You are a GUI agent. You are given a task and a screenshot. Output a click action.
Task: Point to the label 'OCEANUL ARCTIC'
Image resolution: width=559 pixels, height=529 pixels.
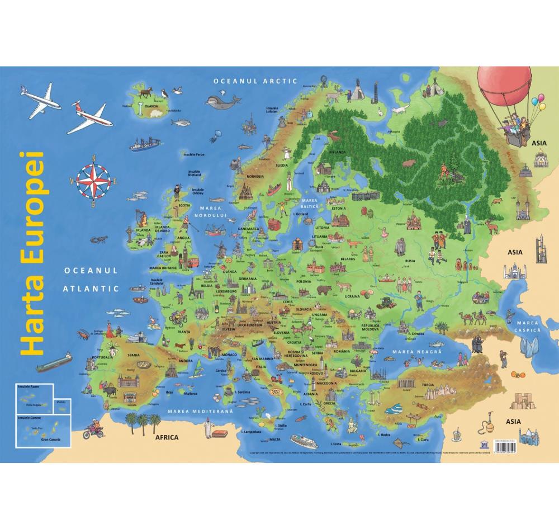point(254,81)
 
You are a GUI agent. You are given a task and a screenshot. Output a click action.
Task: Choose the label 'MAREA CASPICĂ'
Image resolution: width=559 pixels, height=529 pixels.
point(527,327)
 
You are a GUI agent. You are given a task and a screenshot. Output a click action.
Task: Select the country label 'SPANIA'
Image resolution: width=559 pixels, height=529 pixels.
point(134,355)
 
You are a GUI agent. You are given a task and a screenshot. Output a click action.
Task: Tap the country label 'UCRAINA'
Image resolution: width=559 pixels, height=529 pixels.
point(352,296)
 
